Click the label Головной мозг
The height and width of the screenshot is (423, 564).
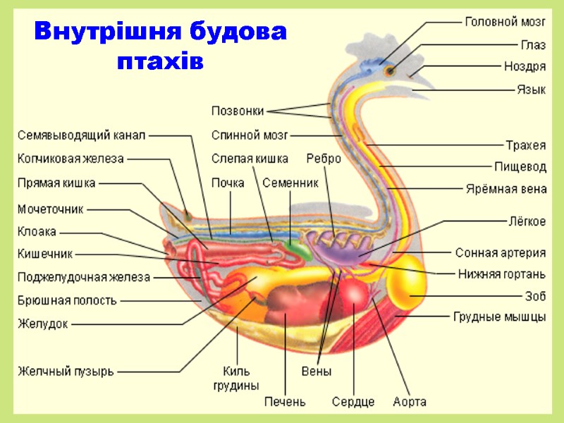(505, 21)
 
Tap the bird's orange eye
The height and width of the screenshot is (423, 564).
(388, 70)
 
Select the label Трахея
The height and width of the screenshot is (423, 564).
(525, 145)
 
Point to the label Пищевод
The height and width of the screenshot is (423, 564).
(520, 167)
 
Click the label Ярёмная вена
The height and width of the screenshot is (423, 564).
(505, 189)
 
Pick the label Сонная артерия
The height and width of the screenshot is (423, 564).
(500, 252)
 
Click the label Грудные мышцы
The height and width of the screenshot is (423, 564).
(499, 317)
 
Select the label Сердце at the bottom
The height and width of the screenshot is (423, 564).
(353, 402)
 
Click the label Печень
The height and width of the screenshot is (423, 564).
(285, 402)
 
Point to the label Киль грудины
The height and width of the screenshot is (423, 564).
(236, 378)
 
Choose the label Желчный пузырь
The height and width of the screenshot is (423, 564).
(66, 371)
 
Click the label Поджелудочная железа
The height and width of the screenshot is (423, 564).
(84, 277)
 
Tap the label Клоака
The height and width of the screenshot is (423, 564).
(37, 231)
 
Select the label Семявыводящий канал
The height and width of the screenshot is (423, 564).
(80, 135)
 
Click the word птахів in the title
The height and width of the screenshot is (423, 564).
(160, 61)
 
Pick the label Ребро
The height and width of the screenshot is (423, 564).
(324, 159)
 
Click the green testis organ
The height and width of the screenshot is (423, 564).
(298, 248)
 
